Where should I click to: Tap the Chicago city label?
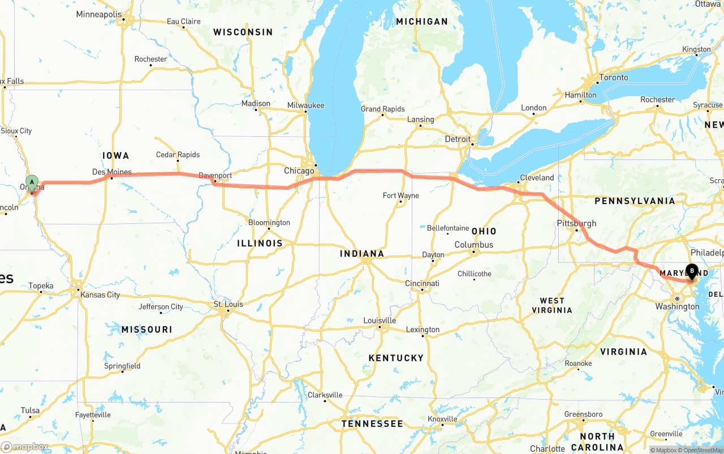tap(299, 171)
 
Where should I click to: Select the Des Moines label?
tap(112, 172)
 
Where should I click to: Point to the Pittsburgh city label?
tap(576, 223)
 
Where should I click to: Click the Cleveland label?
tap(537, 178)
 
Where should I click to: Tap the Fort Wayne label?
tap(400, 196)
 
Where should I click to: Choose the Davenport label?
tap(216, 176)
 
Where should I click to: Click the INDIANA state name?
tap(362, 254)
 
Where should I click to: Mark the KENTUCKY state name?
tap(396, 358)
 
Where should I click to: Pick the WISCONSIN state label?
tap(243, 32)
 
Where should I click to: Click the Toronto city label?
tap(614, 77)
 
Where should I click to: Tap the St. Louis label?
tap(228, 304)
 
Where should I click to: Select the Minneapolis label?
tap(99, 14)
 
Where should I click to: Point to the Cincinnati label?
tap(422, 283)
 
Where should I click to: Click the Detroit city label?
tap(457, 139)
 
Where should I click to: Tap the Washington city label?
tap(678, 306)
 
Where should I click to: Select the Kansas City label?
tap(100, 295)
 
